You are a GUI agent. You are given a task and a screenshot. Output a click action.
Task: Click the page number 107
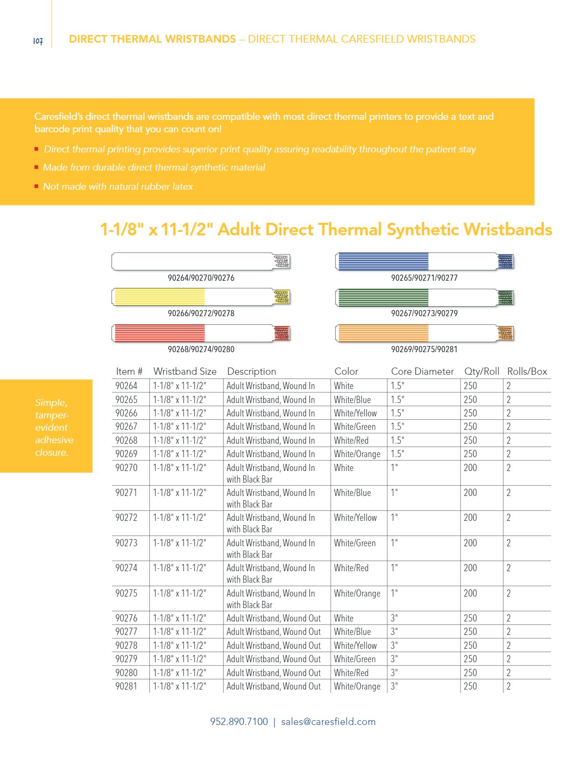click(38, 41)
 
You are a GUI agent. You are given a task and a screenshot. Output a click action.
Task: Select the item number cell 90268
click(126, 440)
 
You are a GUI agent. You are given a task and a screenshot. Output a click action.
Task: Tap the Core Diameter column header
click(422, 371)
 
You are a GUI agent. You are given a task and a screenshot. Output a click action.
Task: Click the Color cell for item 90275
click(357, 593)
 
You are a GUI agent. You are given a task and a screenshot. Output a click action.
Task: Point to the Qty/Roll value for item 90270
click(470, 468)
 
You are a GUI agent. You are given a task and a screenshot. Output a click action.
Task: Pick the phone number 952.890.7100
click(239, 722)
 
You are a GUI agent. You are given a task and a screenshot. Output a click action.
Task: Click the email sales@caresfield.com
click(328, 722)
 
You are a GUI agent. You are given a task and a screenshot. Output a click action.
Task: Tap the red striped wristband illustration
click(201, 333)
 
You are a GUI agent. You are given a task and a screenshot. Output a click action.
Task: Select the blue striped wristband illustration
click(424, 262)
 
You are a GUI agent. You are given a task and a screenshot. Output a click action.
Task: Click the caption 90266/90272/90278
click(201, 313)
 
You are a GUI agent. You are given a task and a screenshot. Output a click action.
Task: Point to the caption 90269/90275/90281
click(424, 349)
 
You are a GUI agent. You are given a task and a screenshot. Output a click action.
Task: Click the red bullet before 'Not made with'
click(36, 186)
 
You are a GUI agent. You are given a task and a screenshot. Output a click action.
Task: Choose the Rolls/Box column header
click(527, 371)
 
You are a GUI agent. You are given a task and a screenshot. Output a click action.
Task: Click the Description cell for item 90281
click(273, 686)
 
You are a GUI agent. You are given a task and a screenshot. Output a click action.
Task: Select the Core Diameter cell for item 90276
click(394, 618)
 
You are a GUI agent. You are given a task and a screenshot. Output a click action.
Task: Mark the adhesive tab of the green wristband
click(506, 298)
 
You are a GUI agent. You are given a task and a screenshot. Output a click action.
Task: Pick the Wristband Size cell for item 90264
click(180, 386)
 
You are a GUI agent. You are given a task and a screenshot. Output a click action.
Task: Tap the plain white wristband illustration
click(201, 262)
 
